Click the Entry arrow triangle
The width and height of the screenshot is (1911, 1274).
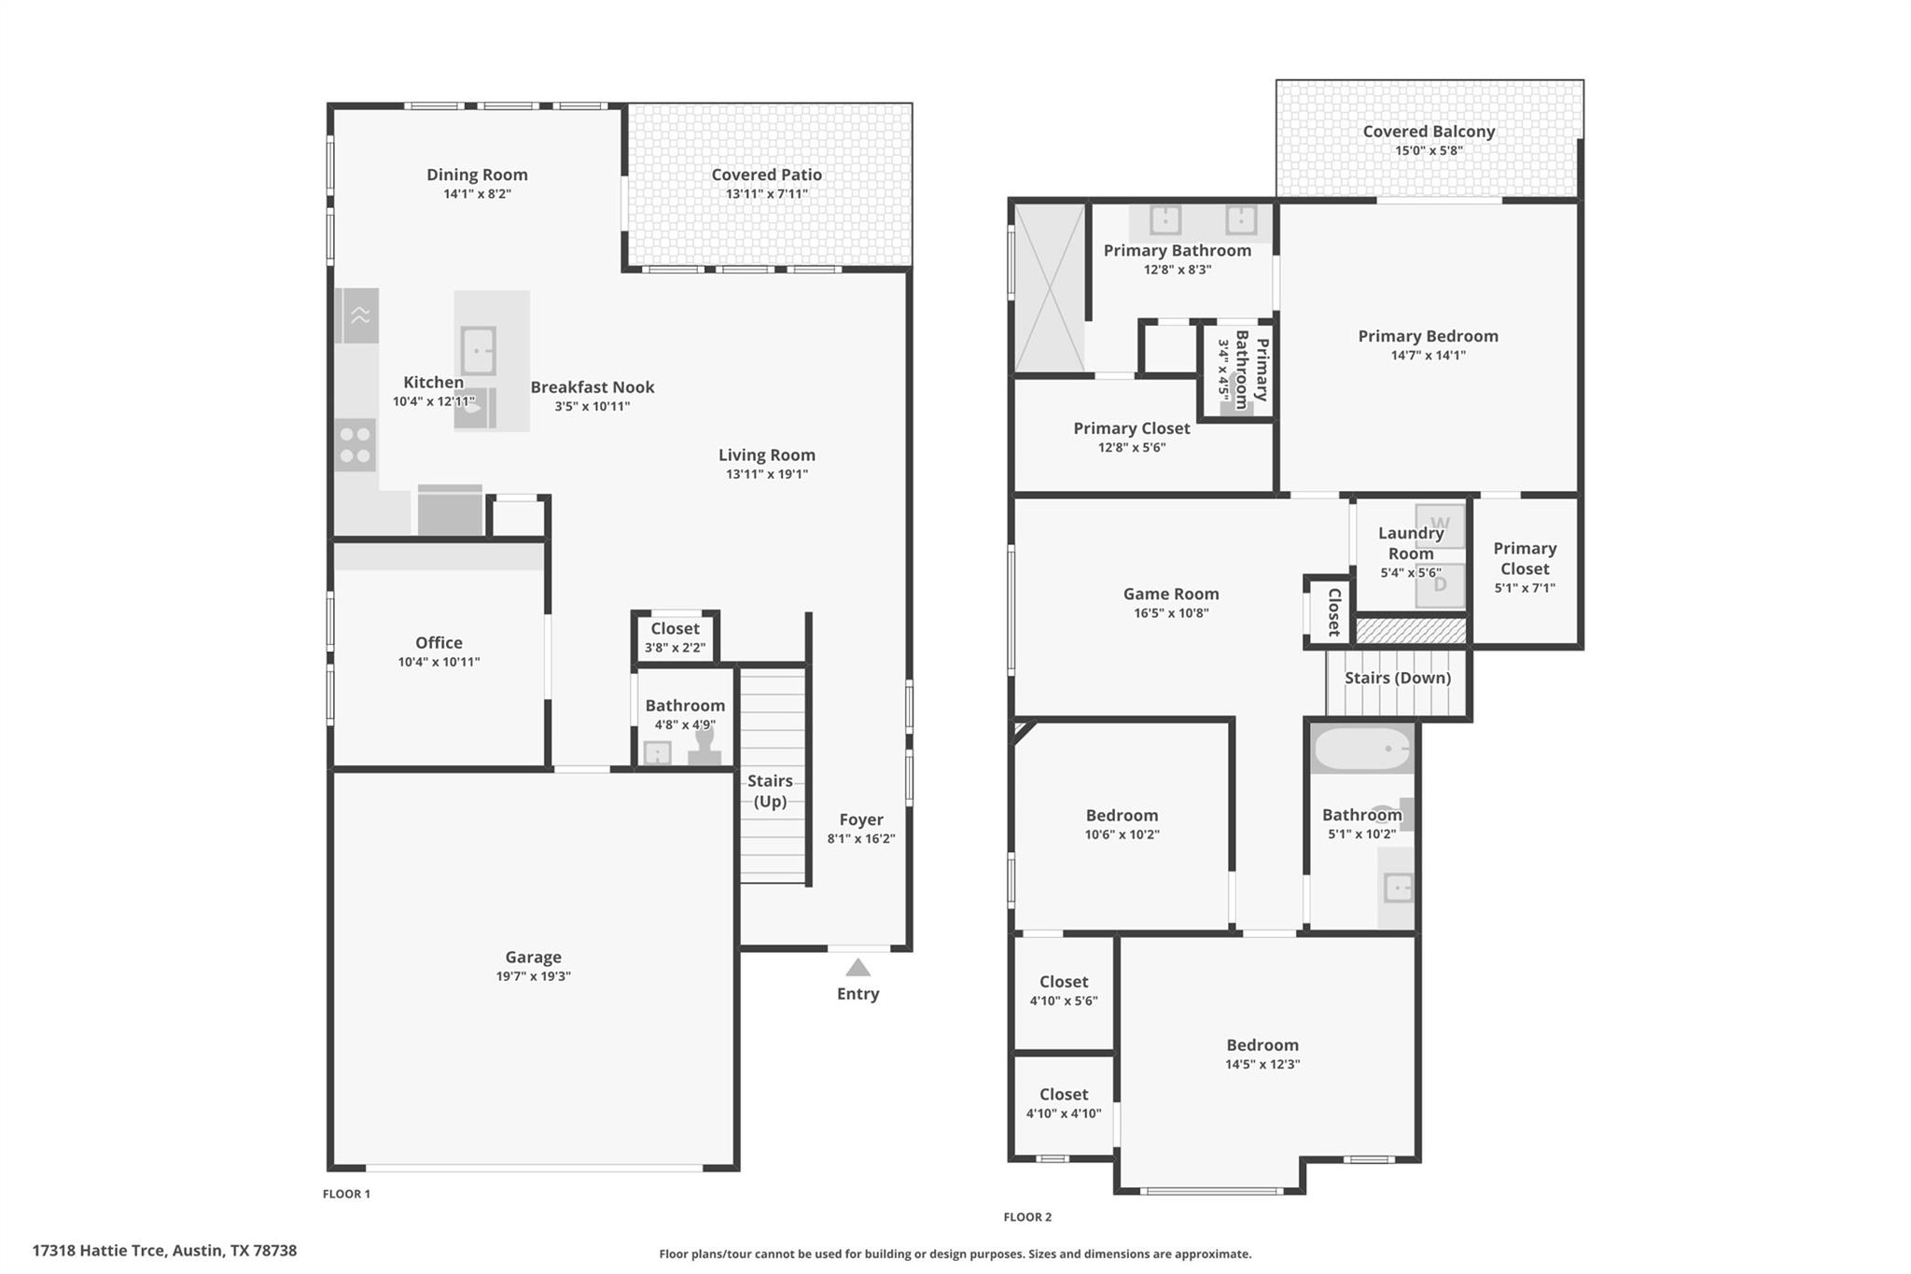click(858, 968)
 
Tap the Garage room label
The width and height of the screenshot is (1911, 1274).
click(533, 957)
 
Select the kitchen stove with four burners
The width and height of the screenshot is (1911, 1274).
click(356, 445)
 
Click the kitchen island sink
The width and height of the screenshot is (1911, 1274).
click(479, 351)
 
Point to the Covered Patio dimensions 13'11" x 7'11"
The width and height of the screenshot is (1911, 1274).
click(766, 194)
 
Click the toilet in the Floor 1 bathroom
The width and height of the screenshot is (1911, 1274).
click(704, 747)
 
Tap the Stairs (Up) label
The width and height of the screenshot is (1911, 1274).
click(770, 791)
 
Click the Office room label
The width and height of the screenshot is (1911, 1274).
click(439, 642)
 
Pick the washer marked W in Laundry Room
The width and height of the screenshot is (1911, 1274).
click(1440, 525)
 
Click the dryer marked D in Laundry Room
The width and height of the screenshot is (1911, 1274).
click(1440, 585)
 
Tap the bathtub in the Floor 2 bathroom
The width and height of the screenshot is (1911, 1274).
click(1363, 749)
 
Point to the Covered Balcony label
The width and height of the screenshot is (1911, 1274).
click(1429, 132)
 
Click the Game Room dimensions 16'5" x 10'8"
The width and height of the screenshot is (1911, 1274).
click(1170, 613)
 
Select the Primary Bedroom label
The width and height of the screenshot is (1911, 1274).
click(1428, 336)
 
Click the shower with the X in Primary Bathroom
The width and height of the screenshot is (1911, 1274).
click(1050, 287)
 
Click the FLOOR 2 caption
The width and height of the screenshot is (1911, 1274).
click(1027, 1217)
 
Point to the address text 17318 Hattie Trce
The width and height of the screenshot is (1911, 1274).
click(164, 1251)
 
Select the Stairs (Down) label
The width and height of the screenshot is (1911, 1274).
click(1397, 678)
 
